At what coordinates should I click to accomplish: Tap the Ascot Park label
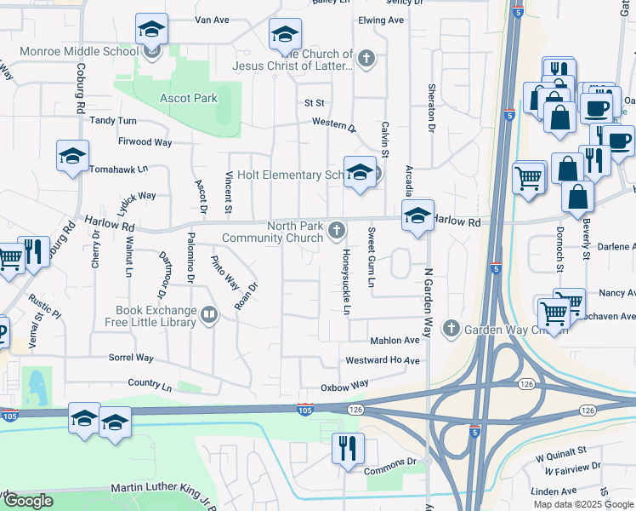coord(189,99)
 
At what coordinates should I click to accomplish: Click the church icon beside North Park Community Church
coord(338,230)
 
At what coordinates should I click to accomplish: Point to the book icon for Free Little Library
coord(208,316)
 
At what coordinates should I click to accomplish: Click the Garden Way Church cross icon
coord(450,329)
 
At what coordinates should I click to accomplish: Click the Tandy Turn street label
coord(113,121)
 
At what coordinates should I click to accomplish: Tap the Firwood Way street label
coord(145,141)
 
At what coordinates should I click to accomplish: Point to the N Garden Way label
coord(428,301)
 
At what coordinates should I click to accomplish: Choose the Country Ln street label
coord(150,386)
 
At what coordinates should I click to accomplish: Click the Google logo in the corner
coord(28,501)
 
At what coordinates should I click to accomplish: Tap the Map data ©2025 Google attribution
coord(583,504)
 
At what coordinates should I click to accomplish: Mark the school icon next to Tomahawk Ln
coord(73,157)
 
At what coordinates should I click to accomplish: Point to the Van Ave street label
coord(213,19)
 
